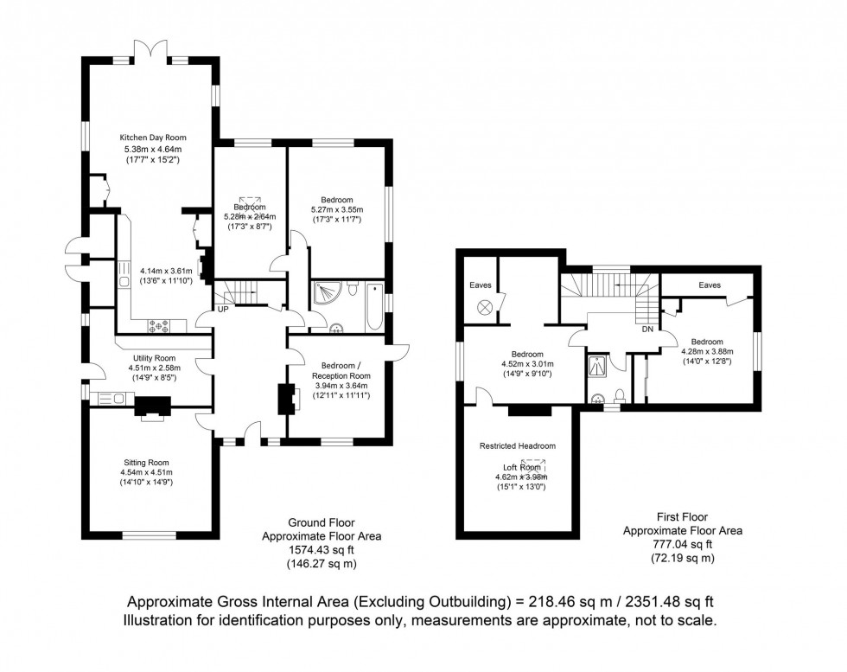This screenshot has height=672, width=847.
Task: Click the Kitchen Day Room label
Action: click(152, 138)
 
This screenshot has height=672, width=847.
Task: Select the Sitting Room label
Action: click(147, 462)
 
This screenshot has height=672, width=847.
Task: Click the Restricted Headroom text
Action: click(518, 445)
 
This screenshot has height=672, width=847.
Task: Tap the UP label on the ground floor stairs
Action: click(223, 308)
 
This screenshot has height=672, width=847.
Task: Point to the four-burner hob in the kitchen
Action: click(160, 326)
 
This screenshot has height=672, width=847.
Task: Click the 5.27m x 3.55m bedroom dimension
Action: click(336, 209)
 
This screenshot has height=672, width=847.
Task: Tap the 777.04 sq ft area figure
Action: click(683, 544)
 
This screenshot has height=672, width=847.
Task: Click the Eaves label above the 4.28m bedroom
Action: click(710, 285)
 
